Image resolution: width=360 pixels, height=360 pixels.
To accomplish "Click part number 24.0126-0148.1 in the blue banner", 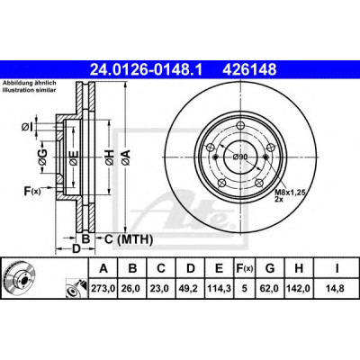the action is [147, 69].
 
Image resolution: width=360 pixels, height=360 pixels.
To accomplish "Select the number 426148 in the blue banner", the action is [249, 69].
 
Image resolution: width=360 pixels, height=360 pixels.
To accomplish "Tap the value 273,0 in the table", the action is [103, 289].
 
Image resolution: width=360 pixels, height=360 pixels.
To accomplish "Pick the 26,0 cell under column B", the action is [132, 289].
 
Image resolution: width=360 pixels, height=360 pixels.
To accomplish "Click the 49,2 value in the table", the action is [191, 289].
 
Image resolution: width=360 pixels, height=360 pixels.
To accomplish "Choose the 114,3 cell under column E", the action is [219, 289].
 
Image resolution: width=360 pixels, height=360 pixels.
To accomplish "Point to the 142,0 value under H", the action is [299, 289].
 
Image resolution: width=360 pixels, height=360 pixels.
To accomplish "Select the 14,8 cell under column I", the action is [336, 289].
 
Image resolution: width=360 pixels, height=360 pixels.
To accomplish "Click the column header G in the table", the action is [270, 268].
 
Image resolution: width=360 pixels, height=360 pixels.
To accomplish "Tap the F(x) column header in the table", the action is [245, 268].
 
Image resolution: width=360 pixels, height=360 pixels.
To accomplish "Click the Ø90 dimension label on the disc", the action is [240, 157].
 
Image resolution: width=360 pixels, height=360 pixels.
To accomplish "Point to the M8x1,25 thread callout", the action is [290, 193].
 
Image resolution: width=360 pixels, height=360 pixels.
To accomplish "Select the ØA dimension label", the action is [126, 157].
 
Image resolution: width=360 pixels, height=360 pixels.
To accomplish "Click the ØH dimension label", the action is [110, 157].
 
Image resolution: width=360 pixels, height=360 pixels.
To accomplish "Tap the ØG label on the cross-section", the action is [42, 157].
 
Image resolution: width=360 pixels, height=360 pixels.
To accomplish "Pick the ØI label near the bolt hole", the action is [27, 127].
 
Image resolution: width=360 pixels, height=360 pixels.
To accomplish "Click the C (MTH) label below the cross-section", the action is [129, 239].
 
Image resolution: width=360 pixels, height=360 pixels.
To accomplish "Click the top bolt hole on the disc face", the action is [240, 125].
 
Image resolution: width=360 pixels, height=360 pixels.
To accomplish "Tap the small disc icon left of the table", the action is [19, 278].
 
